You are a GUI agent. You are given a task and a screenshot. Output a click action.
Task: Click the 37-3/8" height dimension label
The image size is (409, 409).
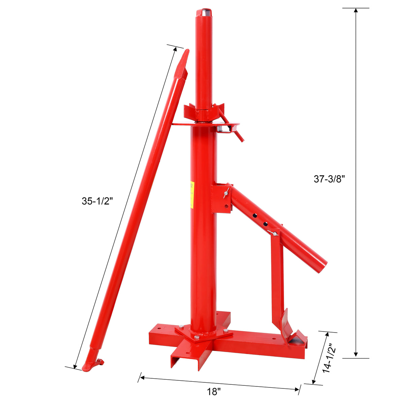(x=330, y=179)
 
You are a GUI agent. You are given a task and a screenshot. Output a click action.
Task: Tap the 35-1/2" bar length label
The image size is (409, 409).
(x=97, y=201)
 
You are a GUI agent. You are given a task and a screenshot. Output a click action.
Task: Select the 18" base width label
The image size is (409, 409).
(x=214, y=392)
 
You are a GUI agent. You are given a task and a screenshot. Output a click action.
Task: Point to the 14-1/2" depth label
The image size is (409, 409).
(x=327, y=358)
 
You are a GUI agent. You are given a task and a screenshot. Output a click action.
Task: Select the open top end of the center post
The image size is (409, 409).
(x=204, y=13)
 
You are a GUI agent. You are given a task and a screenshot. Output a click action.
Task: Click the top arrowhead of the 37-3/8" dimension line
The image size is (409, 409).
(x=355, y=10)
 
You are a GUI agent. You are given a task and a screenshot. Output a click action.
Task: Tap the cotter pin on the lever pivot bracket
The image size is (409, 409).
(x=226, y=193)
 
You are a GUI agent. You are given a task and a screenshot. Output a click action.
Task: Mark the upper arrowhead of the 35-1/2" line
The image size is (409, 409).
(x=175, y=49)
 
